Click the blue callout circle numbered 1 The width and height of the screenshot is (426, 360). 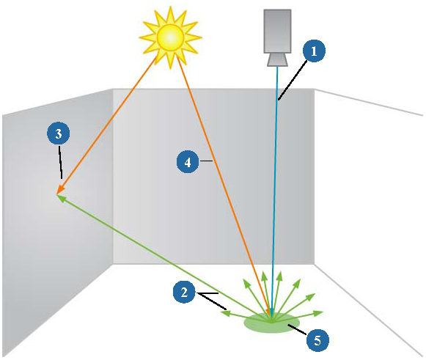pyautogui.click(x=314, y=51)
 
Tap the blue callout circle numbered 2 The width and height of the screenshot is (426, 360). pyautogui.click(x=184, y=293)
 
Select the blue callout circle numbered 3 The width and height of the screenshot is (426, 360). pyautogui.click(x=59, y=133)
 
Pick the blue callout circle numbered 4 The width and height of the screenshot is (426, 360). pyautogui.click(x=188, y=162)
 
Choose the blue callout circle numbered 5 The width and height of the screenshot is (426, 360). pyautogui.click(x=317, y=340)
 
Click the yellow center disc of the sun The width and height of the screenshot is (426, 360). pyautogui.click(x=170, y=37)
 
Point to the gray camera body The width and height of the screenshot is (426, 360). pyautogui.click(x=277, y=32)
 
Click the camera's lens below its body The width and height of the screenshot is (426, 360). pyautogui.click(x=277, y=60)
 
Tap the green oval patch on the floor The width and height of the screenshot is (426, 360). pyautogui.click(x=272, y=323)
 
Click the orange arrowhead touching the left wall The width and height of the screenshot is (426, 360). pyautogui.click(x=61, y=189)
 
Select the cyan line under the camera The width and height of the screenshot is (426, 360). pyautogui.click(x=275, y=191)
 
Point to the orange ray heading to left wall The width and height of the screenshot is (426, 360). pyautogui.click(x=107, y=125)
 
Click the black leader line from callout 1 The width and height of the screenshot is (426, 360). pyautogui.click(x=293, y=81)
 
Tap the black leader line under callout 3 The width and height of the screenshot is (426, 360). pyautogui.click(x=61, y=162)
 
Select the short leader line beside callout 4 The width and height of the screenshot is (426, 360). pyautogui.click(x=206, y=161)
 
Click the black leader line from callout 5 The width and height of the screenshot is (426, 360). pyautogui.click(x=297, y=329)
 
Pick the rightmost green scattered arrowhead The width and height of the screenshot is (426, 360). pyautogui.click(x=318, y=313)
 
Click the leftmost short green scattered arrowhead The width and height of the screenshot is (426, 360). pyautogui.click(x=225, y=314)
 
